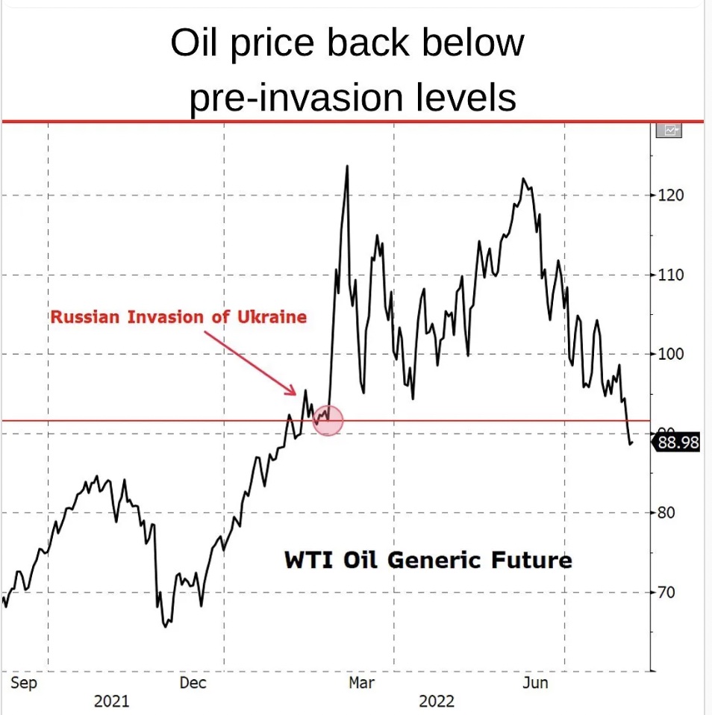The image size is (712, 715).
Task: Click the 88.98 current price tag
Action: [x=678, y=443]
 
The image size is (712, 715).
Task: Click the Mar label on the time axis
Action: [x=363, y=682]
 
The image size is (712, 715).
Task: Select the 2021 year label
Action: [x=111, y=702]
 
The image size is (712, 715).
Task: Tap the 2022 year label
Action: [x=437, y=702]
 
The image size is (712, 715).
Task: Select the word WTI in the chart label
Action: [x=307, y=560]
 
